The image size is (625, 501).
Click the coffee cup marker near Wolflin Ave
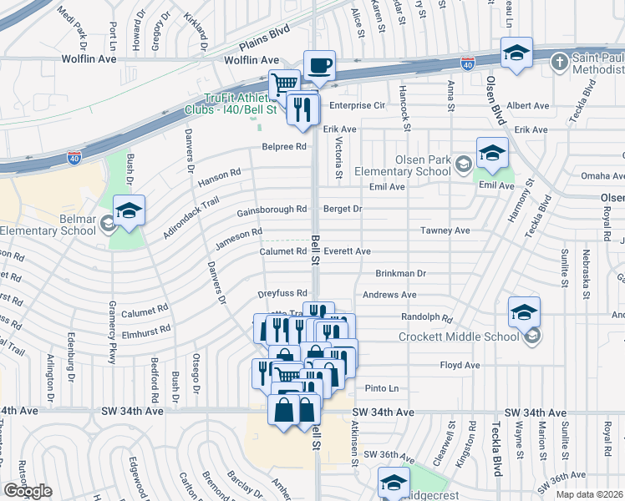click(319, 66)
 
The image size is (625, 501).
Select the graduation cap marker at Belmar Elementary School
click(130, 211)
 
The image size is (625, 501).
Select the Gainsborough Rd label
click(272, 210)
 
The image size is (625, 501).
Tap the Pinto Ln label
click(382, 388)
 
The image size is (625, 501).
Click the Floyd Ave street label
click(460, 366)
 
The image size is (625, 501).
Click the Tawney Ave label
click(445, 230)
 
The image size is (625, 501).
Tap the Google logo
click(28, 490)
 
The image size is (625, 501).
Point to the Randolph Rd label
click(426, 318)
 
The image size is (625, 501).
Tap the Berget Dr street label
click(343, 209)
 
